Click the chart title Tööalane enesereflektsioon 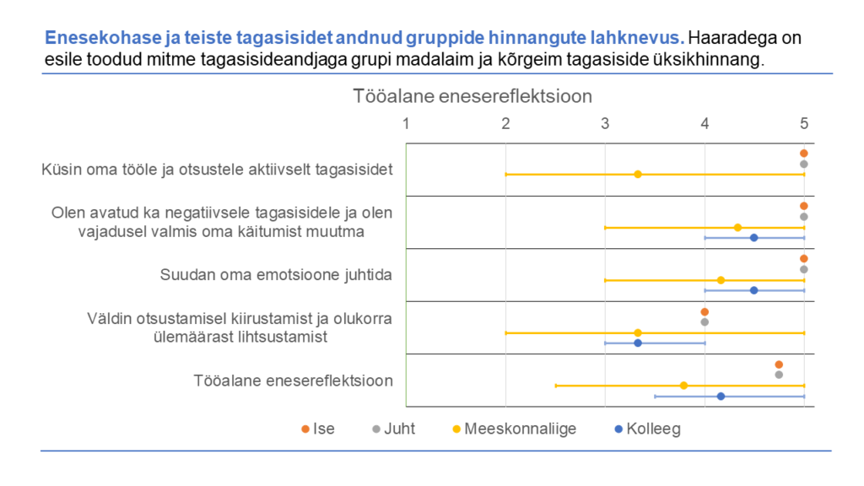[472, 96]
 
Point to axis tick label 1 [406, 124]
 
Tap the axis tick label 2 [505, 124]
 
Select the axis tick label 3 [605, 124]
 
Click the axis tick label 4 [705, 124]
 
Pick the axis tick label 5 [804, 124]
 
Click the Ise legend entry [318, 429]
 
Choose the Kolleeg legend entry [647, 429]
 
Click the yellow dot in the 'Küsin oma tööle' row [638, 175]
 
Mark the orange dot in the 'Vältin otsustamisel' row [705, 311]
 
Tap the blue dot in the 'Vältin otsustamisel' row [638, 343]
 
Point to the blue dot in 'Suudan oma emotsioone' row [753, 290]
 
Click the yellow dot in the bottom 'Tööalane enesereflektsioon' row [683, 386]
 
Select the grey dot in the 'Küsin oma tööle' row [804, 164]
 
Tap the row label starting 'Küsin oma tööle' [217, 170]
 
